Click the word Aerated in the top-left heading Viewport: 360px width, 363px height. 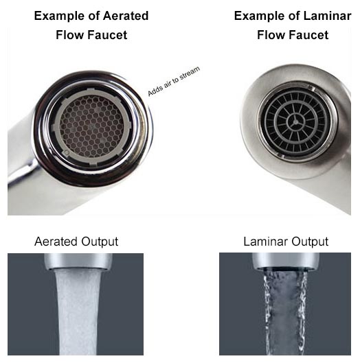click(x=126, y=16)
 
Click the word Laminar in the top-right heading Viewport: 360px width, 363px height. click(x=327, y=16)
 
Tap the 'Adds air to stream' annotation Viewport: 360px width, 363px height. click(x=174, y=81)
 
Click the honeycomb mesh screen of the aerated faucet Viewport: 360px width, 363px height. click(x=91, y=126)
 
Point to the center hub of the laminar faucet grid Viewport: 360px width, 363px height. click(x=295, y=122)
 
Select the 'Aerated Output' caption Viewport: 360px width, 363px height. click(x=76, y=242)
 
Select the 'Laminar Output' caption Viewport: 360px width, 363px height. click(x=286, y=242)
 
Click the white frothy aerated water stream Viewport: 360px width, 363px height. click(x=78, y=312)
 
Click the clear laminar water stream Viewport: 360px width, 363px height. click(x=286, y=312)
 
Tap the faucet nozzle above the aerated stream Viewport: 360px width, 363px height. click(x=78, y=261)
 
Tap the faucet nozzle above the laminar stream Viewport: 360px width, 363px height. click(x=285, y=261)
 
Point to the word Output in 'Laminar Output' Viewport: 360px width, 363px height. click(x=310, y=242)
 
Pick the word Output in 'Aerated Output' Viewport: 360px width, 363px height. click(x=100, y=242)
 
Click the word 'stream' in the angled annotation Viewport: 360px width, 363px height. click(x=190, y=73)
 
